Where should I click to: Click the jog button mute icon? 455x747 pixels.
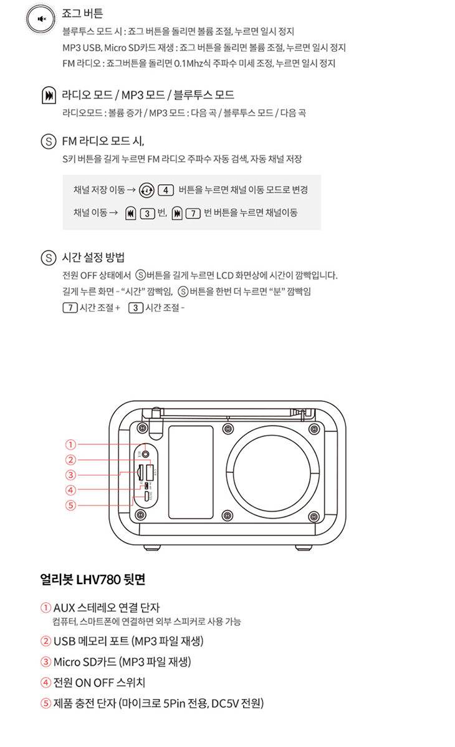point(41,19)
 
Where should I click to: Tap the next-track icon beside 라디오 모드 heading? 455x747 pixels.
point(49,95)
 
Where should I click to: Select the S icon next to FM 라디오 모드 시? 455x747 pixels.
point(49,142)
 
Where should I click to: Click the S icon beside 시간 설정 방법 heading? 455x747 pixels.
point(49,258)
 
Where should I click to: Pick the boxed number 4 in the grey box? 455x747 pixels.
point(166,190)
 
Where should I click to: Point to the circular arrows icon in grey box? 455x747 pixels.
point(146,190)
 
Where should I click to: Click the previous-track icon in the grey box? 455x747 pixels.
point(130,213)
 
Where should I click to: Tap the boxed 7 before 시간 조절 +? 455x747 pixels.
point(69,307)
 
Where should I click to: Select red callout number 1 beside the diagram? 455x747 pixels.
point(70,444)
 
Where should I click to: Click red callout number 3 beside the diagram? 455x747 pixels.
point(70,475)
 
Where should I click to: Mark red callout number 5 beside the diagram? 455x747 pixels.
point(70,505)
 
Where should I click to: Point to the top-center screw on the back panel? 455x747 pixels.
point(228,429)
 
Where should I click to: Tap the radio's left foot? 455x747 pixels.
point(152,547)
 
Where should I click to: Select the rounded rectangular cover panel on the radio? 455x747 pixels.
point(191,472)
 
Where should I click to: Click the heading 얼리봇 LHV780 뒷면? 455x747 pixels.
point(93,579)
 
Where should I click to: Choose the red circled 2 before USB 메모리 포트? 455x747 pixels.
point(45,642)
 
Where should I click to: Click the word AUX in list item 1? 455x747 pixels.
point(64,608)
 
